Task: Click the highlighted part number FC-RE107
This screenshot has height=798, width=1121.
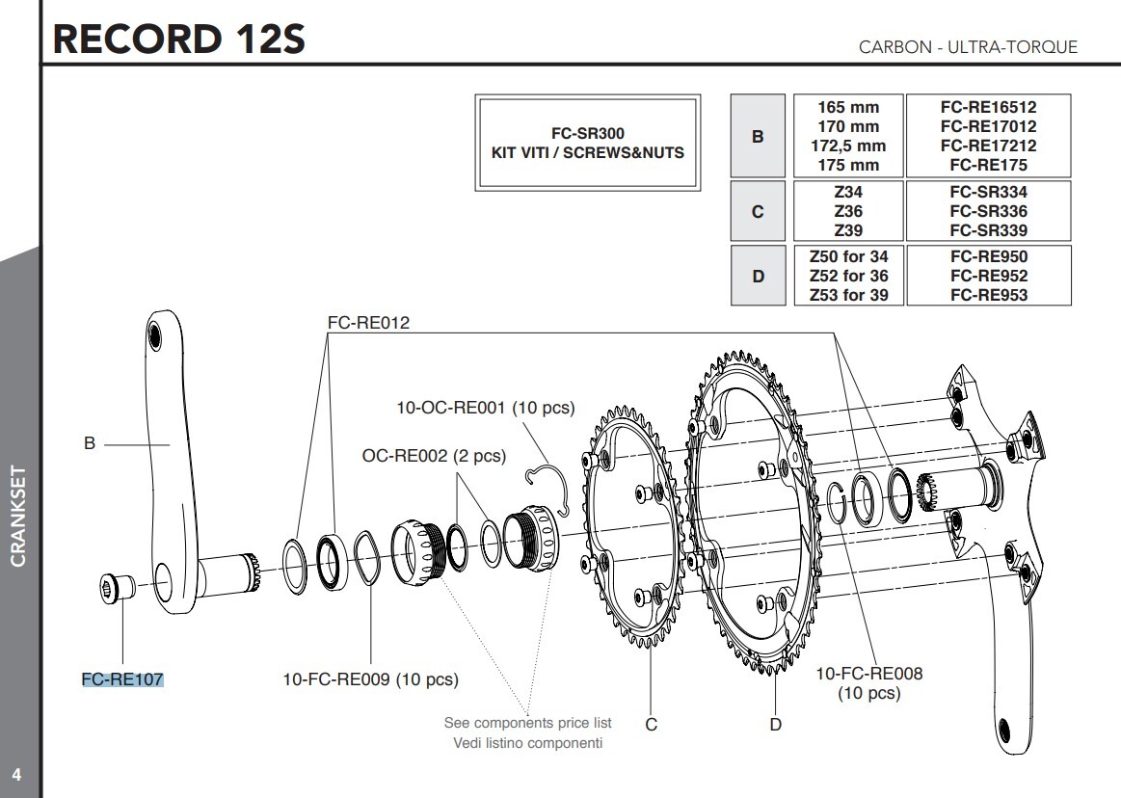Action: tap(122, 679)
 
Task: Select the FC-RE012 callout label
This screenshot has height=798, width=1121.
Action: tap(368, 323)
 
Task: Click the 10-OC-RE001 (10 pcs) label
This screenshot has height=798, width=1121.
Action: tap(485, 408)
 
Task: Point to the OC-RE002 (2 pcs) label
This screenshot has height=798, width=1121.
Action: tap(434, 456)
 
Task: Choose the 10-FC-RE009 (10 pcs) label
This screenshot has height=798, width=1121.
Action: tap(370, 679)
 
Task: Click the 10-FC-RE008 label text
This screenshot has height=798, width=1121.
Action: tap(868, 674)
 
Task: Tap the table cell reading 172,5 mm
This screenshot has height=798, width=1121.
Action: tap(847, 146)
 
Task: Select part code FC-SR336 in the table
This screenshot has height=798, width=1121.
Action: tap(988, 211)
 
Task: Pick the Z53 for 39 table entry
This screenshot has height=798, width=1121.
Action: tap(847, 295)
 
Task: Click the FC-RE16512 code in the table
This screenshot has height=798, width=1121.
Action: tap(988, 107)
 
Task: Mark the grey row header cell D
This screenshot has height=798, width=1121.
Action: tap(758, 276)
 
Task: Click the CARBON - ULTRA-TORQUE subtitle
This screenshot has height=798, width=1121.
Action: tap(968, 47)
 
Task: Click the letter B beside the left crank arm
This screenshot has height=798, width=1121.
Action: tap(90, 444)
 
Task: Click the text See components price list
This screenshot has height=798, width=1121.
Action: tap(527, 722)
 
